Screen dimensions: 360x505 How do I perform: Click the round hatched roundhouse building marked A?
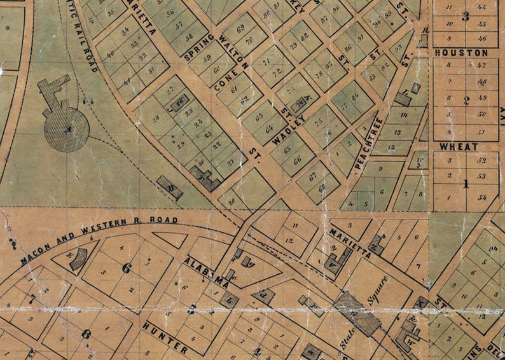(x=66, y=129)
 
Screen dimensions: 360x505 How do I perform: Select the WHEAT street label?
(x=459, y=146)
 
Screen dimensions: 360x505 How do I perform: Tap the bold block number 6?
(x=127, y=268)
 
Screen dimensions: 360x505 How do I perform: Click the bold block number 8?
(x=86, y=333)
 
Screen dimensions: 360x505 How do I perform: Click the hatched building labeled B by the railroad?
(x=170, y=188)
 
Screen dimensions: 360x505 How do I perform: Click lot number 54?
(x=482, y=198)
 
